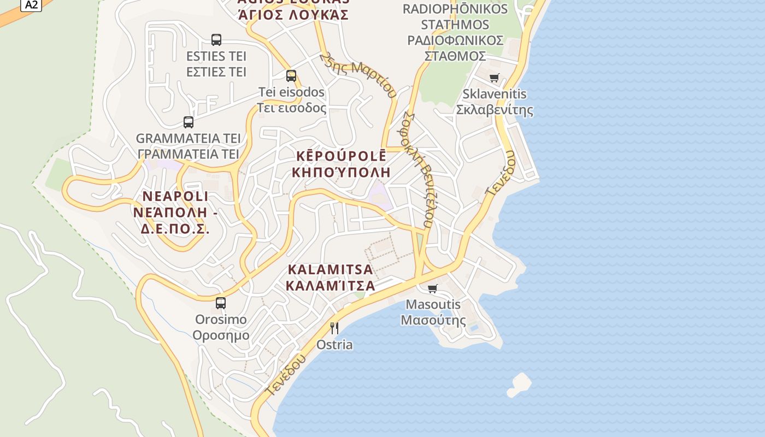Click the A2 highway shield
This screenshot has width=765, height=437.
coord(31,4)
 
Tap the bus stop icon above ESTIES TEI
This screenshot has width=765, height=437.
coord(216,39)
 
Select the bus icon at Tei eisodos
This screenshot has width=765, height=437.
coord(291,76)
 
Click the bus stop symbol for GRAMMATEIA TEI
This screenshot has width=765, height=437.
coord(189,122)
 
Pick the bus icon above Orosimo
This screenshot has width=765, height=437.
coord(221,303)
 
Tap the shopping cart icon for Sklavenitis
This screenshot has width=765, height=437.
coord(495,78)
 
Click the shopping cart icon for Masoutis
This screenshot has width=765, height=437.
coord(433,288)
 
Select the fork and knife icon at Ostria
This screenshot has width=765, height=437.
coord(334,328)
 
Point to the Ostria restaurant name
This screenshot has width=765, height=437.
coord(334,345)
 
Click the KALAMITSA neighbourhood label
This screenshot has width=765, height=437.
coord(331,277)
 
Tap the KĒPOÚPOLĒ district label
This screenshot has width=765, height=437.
coord(341,164)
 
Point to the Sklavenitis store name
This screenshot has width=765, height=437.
coord(495,102)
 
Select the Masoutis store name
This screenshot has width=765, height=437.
coord(433,312)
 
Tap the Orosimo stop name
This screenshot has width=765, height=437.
coord(221,327)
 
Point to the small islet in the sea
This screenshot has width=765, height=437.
coord(519,384)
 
